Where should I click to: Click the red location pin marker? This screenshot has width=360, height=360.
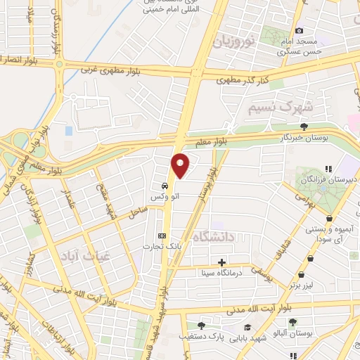[x=181, y=165]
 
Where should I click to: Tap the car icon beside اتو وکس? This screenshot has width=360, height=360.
[x=164, y=186]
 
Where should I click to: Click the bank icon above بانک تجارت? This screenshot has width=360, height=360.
[x=163, y=235]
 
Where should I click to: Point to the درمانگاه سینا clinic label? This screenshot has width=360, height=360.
[x=221, y=272]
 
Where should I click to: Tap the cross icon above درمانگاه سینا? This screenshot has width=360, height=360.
[x=221, y=262]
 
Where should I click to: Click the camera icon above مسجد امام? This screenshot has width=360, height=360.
[x=300, y=30]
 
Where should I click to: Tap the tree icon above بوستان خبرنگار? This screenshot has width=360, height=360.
[x=304, y=127]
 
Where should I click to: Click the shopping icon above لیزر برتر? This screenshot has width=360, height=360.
[x=302, y=275]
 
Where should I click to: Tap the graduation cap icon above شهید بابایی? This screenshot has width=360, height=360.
[x=247, y=327]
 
